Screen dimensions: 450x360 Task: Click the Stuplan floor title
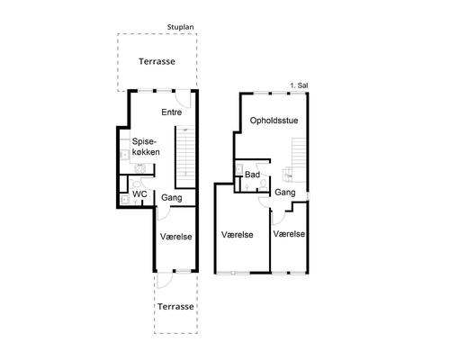click(180, 27)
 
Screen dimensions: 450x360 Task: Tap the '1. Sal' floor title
click(299, 85)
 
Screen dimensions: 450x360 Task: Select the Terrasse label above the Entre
click(157, 61)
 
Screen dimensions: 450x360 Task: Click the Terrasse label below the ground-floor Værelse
click(175, 307)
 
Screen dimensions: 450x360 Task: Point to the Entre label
click(172, 112)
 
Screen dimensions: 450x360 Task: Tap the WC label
click(139, 194)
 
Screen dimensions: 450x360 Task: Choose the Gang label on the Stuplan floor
click(172, 198)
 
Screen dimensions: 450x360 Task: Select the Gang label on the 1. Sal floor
click(285, 193)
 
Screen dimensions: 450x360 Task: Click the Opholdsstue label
click(274, 121)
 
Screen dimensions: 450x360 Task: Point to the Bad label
click(252, 175)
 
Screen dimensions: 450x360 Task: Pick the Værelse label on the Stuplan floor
click(175, 237)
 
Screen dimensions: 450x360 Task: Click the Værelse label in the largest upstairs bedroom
click(238, 235)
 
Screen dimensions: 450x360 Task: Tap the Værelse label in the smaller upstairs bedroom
click(289, 234)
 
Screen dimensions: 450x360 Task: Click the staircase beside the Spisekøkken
click(186, 157)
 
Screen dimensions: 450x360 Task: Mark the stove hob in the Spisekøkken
click(139, 168)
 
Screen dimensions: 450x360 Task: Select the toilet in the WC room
click(136, 184)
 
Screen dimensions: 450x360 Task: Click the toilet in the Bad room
click(264, 184)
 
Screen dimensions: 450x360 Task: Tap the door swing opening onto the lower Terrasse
click(165, 281)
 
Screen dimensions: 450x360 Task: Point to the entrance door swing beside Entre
click(183, 99)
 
